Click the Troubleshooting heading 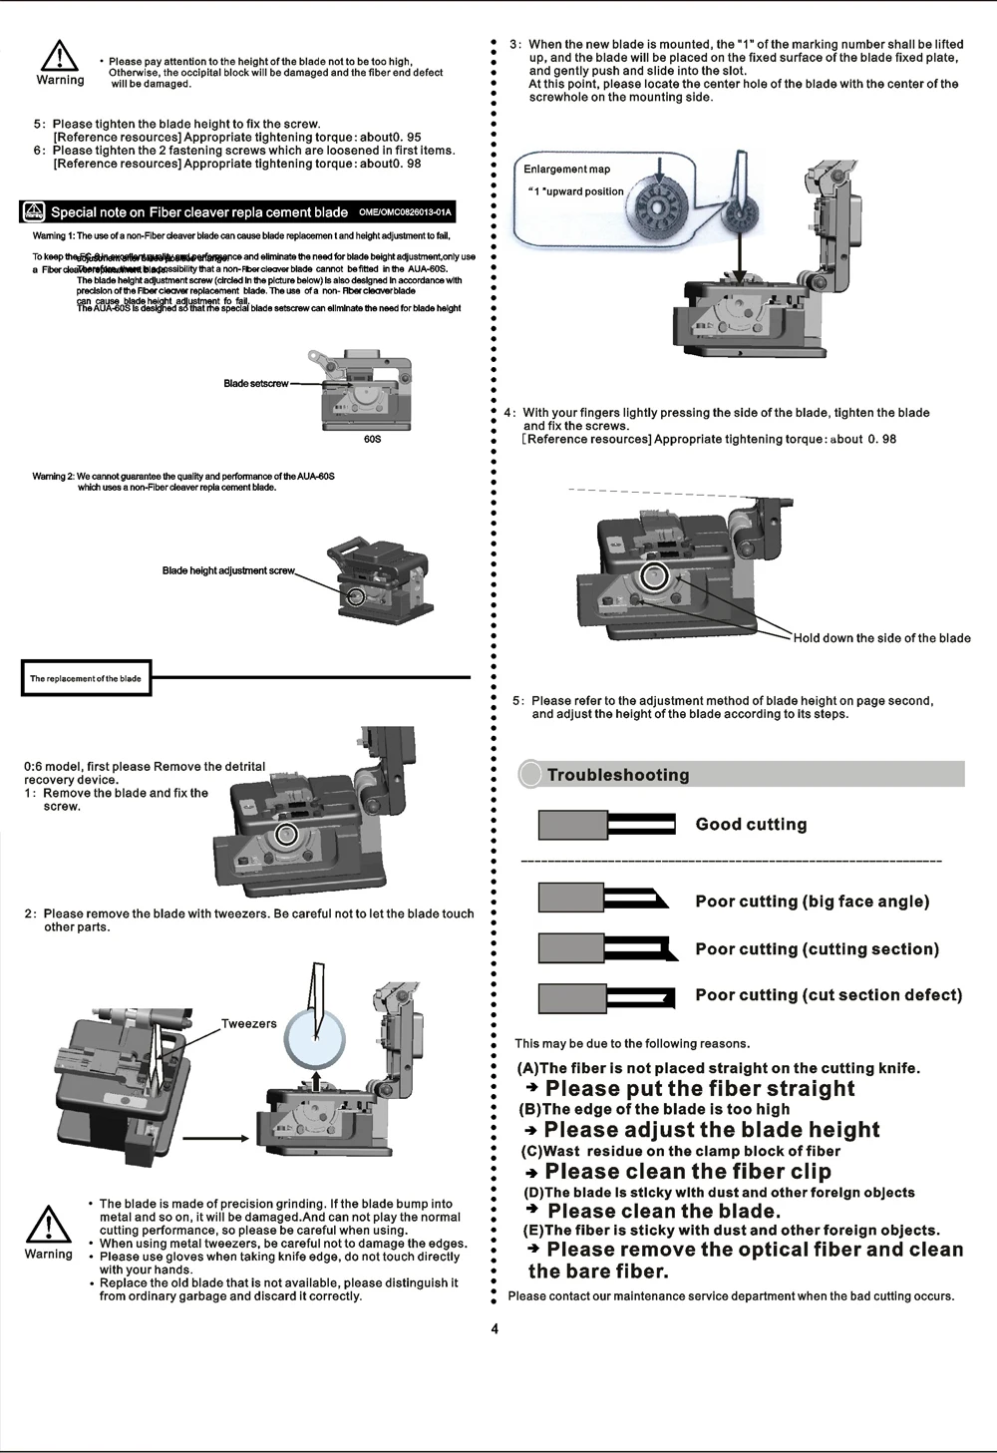[618, 775]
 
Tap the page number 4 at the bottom [494, 1328]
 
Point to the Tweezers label [248, 1024]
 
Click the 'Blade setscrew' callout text [256, 384]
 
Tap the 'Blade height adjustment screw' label [228, 570]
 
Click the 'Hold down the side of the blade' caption [881, 638]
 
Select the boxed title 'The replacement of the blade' [86, 678]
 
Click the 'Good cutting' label [751, 825]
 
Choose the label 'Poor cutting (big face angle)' [812, 902]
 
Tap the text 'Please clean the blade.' [663, 1212]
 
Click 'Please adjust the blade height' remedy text [712, 1130]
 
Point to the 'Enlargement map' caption [566, 169]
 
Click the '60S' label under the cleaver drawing [372, 439]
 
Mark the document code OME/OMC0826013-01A [405, 211]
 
